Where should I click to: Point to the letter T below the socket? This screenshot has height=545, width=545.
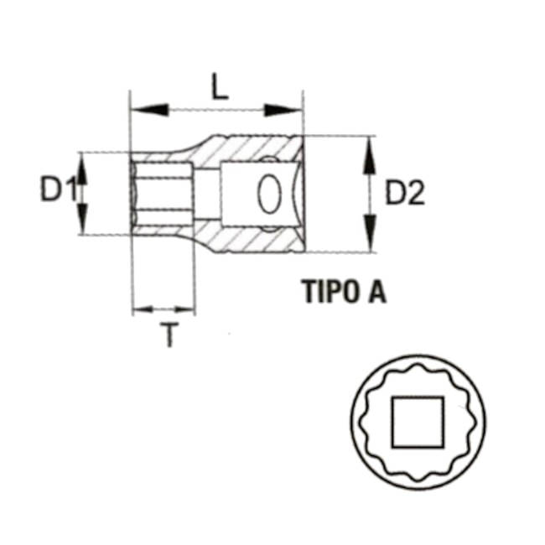click(x=171, y=336)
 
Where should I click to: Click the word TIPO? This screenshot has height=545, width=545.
click(x=329, y=291)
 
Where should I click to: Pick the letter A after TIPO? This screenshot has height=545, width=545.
click(x=376, y=291)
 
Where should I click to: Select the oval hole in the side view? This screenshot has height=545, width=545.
click(x=269, y=194)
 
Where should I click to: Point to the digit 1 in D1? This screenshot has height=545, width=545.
click(x=70, y=191)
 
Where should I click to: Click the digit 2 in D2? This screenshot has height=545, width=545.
click(x=417, y=194)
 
